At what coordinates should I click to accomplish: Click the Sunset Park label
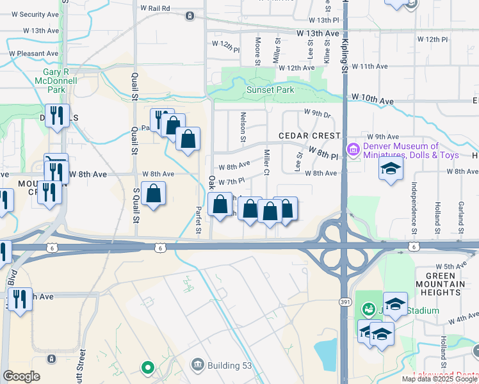(270, 90)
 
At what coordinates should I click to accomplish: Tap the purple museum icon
(352, 150)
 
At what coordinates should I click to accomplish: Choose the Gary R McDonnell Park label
(60, 81)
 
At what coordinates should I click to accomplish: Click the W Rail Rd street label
(155, 8)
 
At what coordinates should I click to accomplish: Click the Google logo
(21, 376)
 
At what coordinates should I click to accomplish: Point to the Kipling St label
(344, 58)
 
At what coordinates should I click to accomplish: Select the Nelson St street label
(243, 126)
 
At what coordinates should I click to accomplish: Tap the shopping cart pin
(56, 161)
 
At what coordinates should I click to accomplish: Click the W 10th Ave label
(371, 101)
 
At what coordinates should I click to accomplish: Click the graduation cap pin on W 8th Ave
(391, 169)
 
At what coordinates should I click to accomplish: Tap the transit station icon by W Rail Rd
(190, 15)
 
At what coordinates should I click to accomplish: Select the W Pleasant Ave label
(33, 54)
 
